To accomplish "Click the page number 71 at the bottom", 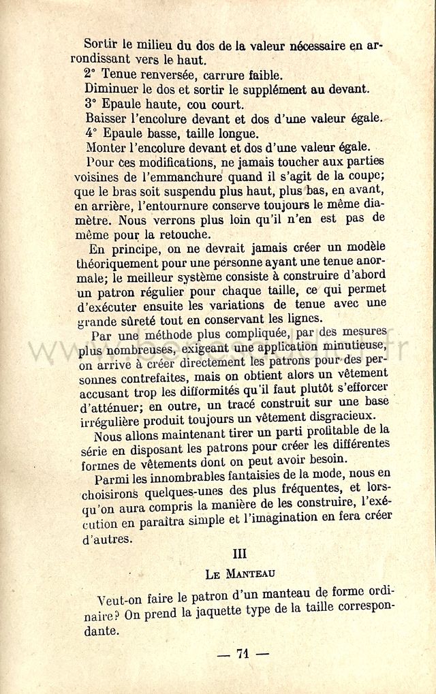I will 242,654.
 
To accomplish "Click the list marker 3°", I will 91,104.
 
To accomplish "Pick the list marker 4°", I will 91,133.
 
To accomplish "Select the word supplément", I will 259,89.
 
